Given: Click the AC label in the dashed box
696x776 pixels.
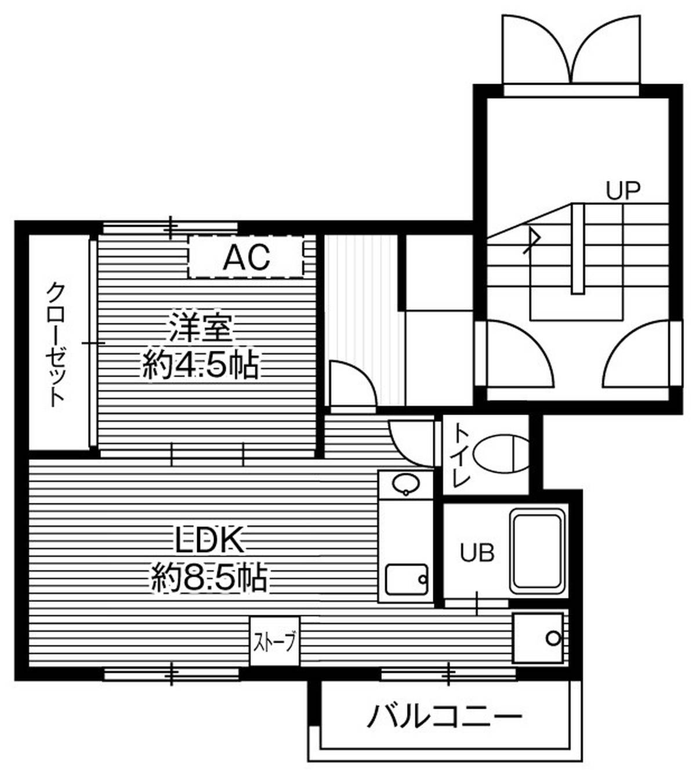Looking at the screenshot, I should (246, 257).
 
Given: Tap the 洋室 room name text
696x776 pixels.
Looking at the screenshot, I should (201, 329).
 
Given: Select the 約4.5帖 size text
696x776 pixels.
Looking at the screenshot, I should (201, 365).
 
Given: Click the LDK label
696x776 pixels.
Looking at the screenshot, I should (208, 541).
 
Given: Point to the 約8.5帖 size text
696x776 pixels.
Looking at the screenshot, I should (209, 577).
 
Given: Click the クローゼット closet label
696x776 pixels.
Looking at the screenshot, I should (56, 344).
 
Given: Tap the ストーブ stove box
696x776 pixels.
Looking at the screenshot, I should (275, 641).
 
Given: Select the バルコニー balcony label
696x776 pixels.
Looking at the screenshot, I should (444, 716).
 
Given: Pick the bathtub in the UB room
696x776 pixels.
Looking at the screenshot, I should (538, 552).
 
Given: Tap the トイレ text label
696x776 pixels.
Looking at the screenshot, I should (461, 455).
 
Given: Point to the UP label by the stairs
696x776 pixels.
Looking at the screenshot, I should (623, 190).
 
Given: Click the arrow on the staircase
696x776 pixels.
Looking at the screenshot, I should (532, 239).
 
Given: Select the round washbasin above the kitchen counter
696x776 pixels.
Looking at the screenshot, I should (405, 484).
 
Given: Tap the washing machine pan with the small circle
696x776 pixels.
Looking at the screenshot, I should (538, 638).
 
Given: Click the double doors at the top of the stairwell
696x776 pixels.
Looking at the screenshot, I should (571, 49).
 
